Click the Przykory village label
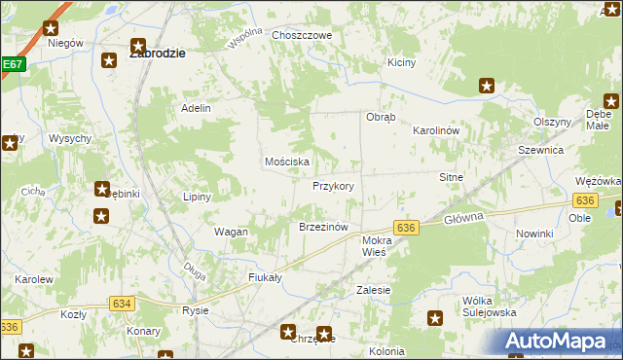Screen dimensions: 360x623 [x=332, y=186]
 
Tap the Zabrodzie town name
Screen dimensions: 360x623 [x=158, y=54]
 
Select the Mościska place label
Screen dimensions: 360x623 [x=287, y=162]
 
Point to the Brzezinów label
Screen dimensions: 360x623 [x=323, y=227]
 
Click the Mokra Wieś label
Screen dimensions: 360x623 [x=375, y=245]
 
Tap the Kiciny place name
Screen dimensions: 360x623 [x=401, y=62]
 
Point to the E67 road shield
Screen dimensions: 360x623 [x=12, y=64]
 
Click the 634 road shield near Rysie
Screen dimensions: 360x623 [x=122, y=304]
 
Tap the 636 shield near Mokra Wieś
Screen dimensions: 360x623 [x=407, y=227]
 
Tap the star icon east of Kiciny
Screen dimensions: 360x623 [x=487, y=87]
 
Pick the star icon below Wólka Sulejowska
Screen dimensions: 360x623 [x=435, y=317]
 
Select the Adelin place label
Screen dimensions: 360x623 [x=196, y=108]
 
